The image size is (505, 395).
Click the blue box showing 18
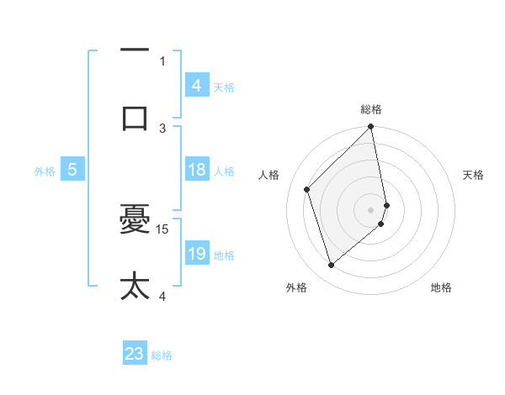click(x=197, y=171)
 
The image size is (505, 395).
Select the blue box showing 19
click(x=197, y=255)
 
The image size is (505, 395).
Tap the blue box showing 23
click(x=135, y=354)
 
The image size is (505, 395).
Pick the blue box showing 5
click(x=72, y=171)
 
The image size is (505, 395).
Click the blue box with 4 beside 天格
click(x=197, y=86)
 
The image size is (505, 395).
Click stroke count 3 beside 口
click(x=163, y=128)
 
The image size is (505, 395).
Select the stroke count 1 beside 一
click(x=163, y=61)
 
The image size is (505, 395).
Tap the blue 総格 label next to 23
click(x=162, y=355)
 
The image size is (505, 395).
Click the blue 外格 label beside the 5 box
click(x=45, y=171)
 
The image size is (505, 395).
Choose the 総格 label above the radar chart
click(x=371, y=109)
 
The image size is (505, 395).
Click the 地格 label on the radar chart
click(x=441, y=287)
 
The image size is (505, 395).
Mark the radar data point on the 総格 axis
click(x=371, y=128)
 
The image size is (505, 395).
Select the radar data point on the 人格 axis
click(x=307, y=189)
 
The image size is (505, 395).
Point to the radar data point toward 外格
click(x=331, y=266)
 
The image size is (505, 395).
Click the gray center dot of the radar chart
click(x=371, y=209)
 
